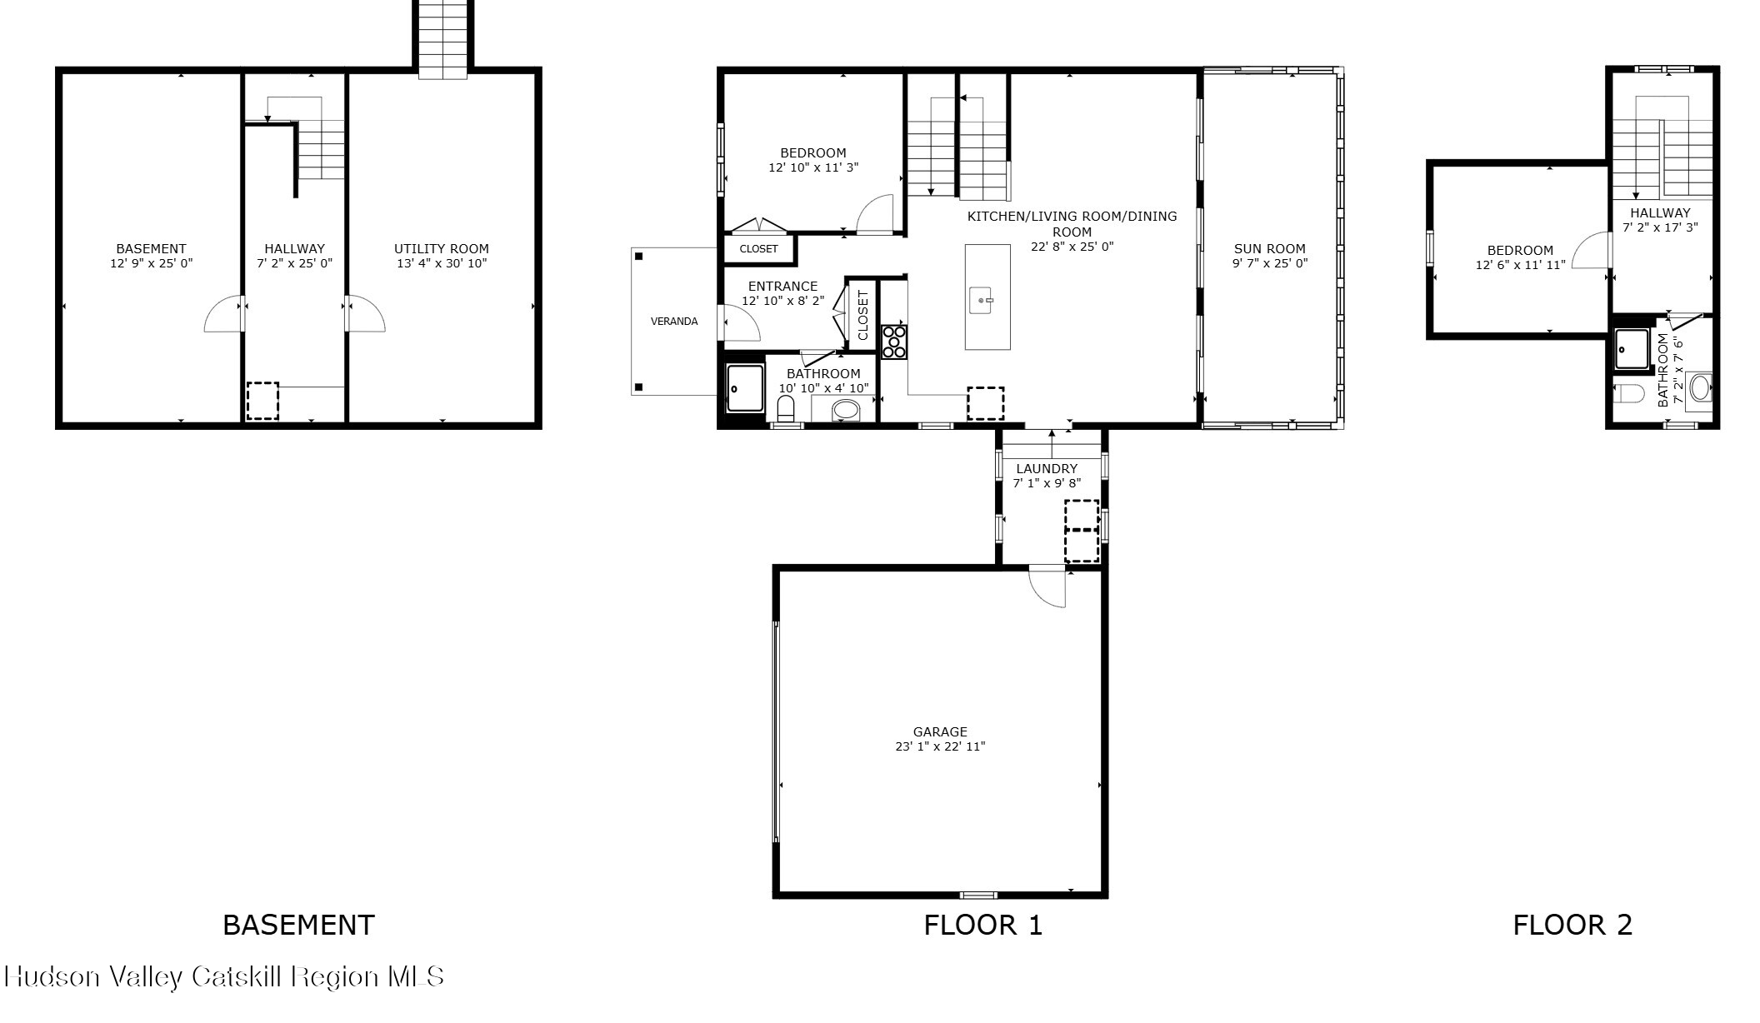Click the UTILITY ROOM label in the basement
click(441, 248)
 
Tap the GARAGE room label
click(940, 732)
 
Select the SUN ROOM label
click(1269, 248)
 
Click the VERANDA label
click(674, 322)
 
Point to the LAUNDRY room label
click(1047, 469)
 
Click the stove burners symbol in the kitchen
click(894, 342)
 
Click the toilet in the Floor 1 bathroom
click(785, 409)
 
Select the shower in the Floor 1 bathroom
click(744, 388)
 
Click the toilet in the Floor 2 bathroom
click(1628, 392)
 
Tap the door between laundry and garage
click(1048, 586)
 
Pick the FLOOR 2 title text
click(1572, 925)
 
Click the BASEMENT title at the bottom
click(298, 925)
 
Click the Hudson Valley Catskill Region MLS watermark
click(225, 976)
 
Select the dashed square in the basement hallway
click(262, 401)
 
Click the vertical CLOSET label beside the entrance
click(862, 315)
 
